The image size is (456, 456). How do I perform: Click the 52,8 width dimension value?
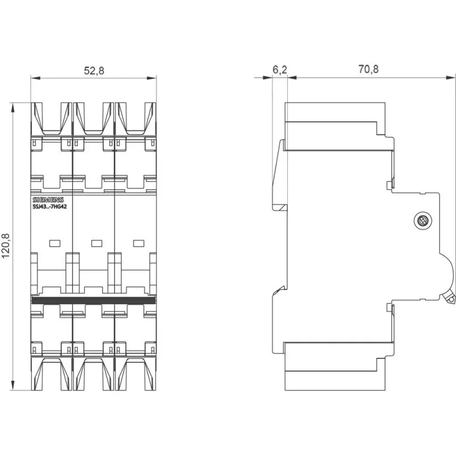[x=94, y=71]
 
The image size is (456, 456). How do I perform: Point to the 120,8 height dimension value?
[x=6, y=246]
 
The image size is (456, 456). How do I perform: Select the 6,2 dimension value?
[x=280, y=70]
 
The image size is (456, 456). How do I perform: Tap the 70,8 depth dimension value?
[x=368, y=69]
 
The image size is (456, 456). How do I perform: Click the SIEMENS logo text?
[x=48, y=200]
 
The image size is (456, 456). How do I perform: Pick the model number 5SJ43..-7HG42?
[x=50, y=207]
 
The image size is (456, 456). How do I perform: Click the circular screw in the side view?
[x=422, y=221]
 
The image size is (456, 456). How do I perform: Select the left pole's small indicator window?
[x=55, y=243]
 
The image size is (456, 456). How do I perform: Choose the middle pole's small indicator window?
[x=97, y=243]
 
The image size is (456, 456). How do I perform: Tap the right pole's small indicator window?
[x=139, y=243]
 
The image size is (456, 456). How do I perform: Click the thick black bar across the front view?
[x=93, y=300]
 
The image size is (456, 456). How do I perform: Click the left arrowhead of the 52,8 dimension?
[x=35, y=78]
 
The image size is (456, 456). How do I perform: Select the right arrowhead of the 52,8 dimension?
[x=152, y=78]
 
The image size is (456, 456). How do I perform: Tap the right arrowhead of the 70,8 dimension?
[x=450, y=78]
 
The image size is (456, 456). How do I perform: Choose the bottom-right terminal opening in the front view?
[x=136, y=373]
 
